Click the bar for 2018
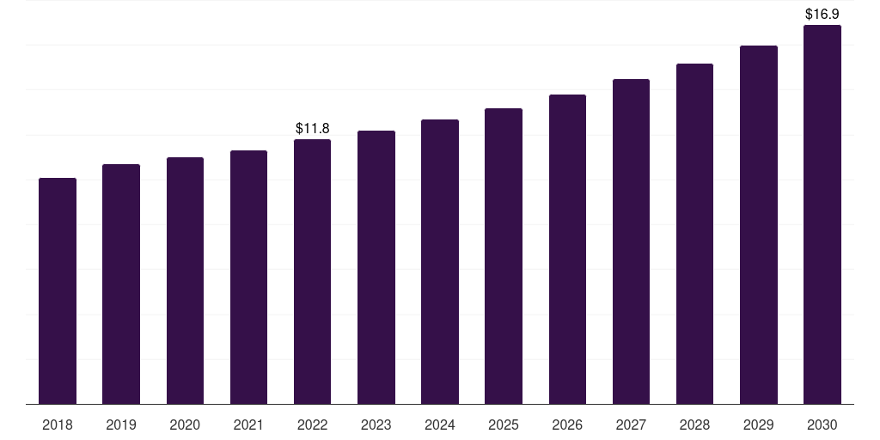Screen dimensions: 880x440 [58, 290]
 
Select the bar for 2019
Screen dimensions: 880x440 [121, 284]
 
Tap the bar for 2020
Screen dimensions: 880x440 [185, 281]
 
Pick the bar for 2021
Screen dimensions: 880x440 [248, 278]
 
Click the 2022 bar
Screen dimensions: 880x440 [312, 272]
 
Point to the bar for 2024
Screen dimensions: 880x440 [440, 261]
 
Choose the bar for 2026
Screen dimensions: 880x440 [567, 249]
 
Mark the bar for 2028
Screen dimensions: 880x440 [694, 234]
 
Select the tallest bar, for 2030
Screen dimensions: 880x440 [822, 214]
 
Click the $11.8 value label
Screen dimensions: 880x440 [313, 129]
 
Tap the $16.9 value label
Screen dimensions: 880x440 [822, 14]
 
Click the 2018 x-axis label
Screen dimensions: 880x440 [58, 425]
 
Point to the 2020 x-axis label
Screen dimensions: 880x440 [185, 425]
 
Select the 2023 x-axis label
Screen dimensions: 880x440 [376, 425]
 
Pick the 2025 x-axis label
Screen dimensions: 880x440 [504, 425]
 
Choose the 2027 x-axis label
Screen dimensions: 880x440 [631, 425]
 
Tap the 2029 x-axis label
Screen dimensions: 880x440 [758, 425]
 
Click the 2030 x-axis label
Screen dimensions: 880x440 [822, 425]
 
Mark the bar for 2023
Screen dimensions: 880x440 [376, 267]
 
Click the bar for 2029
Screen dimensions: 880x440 [759, 225]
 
